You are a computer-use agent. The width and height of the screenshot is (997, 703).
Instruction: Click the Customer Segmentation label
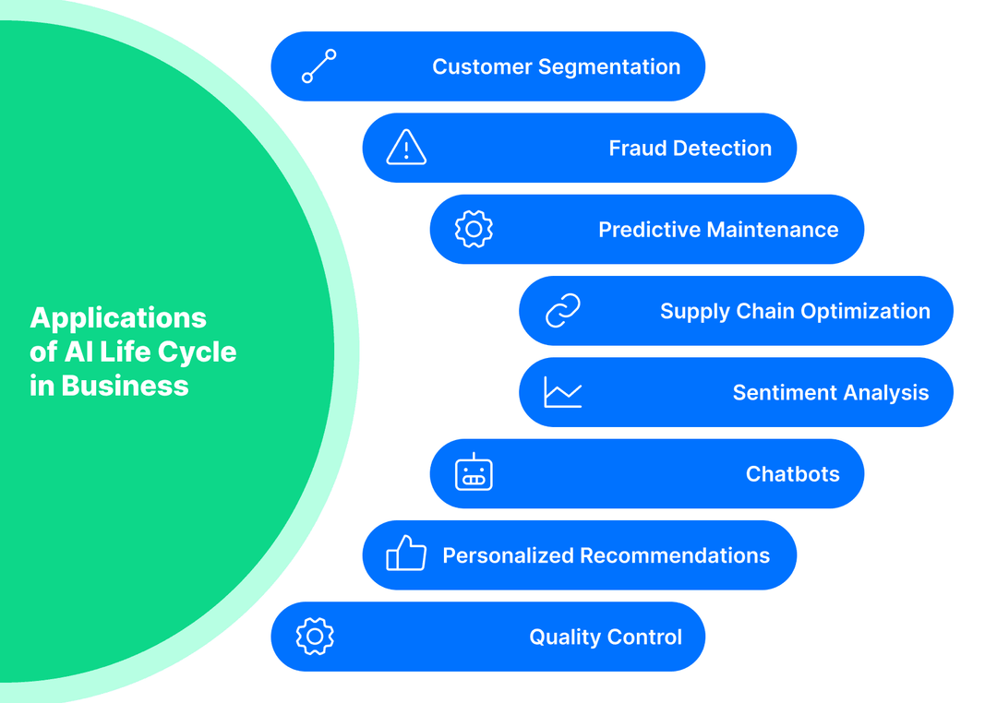pos(556,67)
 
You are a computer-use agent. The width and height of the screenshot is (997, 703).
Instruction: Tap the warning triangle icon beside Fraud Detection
pos(406,148)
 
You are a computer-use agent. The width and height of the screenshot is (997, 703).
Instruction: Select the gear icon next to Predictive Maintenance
pos(474,229)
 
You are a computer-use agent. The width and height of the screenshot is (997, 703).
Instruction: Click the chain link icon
pos(562,311)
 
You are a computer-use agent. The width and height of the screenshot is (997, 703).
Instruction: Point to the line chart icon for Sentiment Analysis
pos(562,392)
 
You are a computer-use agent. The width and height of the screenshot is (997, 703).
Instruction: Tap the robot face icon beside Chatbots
pos(474,473)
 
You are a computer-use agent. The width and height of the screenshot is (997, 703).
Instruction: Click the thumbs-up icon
pos(406,554)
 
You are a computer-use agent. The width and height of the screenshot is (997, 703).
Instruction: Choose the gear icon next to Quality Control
pos(315,636)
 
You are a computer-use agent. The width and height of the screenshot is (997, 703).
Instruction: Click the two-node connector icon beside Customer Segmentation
pos(319,66)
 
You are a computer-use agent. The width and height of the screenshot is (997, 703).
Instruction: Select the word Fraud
pos(636,149)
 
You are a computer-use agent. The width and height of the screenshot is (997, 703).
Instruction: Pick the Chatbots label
pos(792,474)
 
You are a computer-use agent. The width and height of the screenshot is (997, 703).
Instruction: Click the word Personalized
pos(508,555)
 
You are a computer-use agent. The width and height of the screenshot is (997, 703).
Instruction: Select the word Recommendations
pos(675,555)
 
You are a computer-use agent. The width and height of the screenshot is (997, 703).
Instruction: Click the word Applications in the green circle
pos(118,317)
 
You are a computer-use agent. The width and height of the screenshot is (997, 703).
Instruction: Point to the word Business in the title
pos(125,386)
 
